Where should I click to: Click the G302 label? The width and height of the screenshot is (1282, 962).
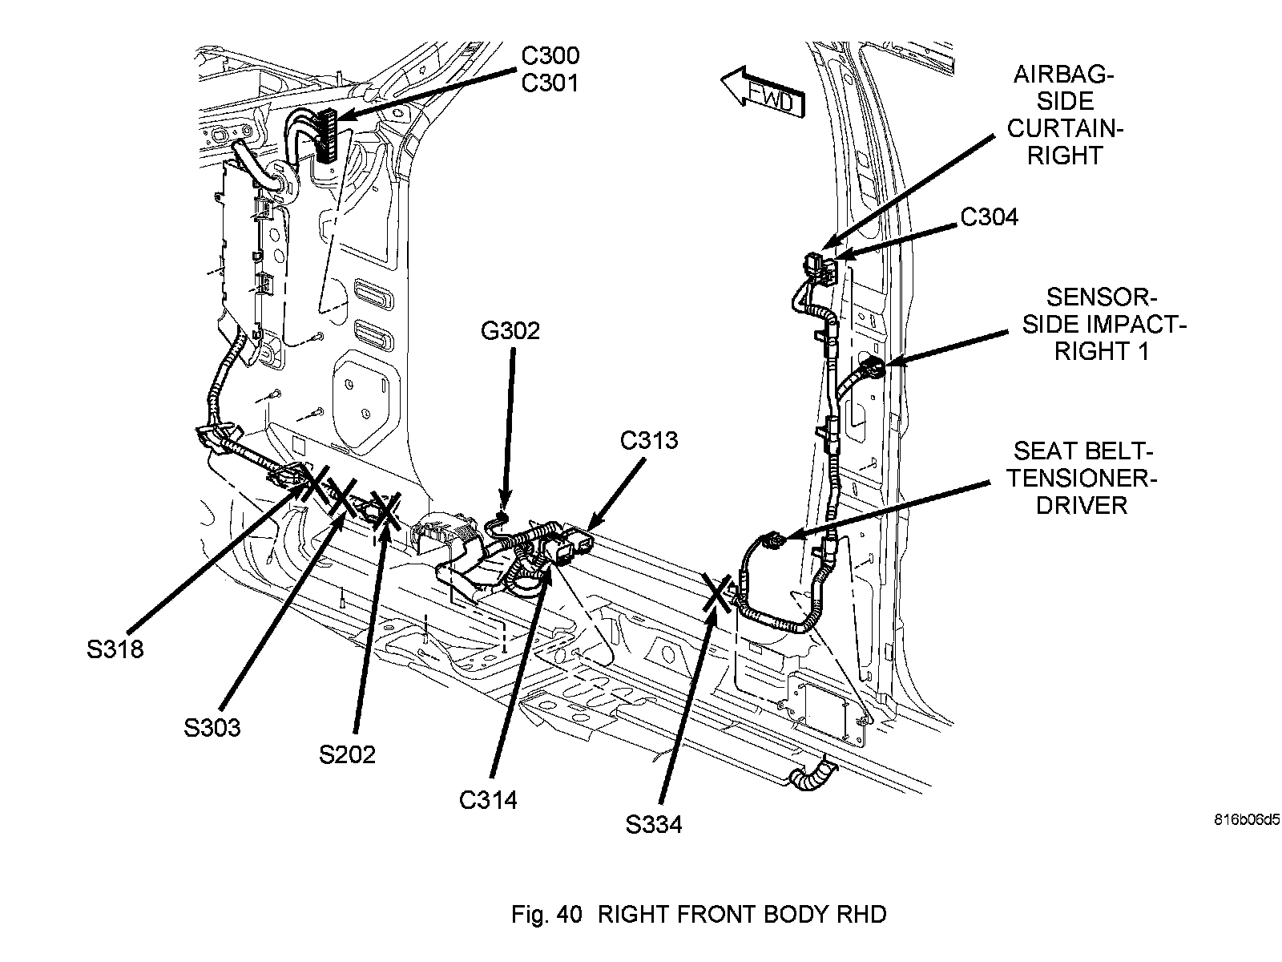[510, 331]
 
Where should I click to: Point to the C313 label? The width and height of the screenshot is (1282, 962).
[648, 440]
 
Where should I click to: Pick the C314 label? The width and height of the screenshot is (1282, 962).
[488, 799]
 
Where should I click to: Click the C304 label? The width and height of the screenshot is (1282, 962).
[989, 216]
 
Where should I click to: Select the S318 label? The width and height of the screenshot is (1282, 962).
[115, 649]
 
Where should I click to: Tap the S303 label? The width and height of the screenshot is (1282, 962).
[212, 728]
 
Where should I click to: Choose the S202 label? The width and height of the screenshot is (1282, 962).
[347, 754]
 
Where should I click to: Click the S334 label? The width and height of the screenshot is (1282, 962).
[654, 824]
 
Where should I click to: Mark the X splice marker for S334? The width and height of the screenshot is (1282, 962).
[716, 592]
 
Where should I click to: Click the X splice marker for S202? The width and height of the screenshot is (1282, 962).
[383, 511]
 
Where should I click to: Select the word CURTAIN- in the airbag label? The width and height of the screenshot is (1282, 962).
[1065, 128]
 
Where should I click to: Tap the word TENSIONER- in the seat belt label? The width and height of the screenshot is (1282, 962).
[1082, 479]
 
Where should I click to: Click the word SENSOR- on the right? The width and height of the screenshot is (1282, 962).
[1101, 298]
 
